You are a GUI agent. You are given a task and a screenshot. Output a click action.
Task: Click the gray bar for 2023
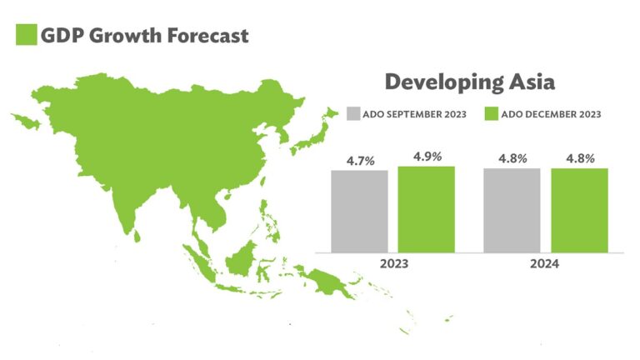coord(360,212)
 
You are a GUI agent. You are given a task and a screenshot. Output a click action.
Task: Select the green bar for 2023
coord(427,209)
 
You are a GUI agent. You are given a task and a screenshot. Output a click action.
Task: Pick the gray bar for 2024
coord(512,211)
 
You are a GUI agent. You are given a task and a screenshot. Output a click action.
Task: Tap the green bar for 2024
coord(580,211)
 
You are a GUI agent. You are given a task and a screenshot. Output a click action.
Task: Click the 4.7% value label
coord(360,161)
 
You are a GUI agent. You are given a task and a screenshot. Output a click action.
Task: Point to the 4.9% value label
coord(427,157)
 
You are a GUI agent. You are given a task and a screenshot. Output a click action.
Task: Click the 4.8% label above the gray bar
coord(512,158)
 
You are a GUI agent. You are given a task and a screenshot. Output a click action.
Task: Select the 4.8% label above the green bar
coord(580,158)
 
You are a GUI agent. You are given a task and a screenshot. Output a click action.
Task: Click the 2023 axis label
coord(394,263)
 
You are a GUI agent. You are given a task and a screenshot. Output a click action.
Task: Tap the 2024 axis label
coord(544,263)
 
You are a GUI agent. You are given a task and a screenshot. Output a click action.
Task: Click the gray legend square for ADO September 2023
coord(353,114)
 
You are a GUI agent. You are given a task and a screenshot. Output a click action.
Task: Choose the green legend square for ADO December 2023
coord(492,114)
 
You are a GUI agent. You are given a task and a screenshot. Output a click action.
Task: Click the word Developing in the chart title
coord(444,83)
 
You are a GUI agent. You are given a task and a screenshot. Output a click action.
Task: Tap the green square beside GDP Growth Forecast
coord(27,35)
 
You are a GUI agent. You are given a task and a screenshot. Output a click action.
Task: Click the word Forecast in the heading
coord(207,36)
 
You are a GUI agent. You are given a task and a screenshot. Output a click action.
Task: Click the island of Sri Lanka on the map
coord(137,235)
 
